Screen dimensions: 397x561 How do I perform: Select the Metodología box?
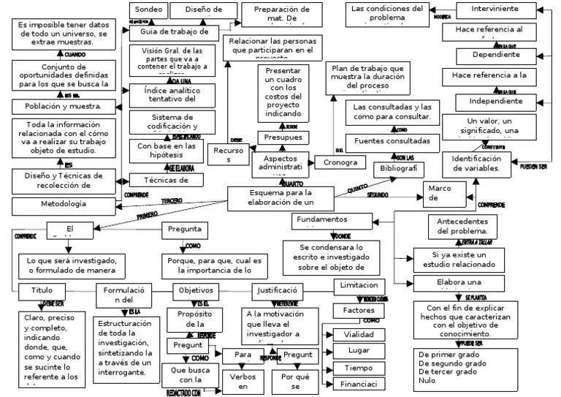pyautogui.click(x=64, y=203)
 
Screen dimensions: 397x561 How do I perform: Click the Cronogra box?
pyautogui.click(x=340, y=162)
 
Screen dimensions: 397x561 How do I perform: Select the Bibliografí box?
pyautogui.click(x=398, y=168)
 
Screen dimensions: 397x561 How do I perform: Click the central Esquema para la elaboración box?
pyautogui.click(x=280, y=197)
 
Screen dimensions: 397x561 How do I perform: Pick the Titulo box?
pyautogui.click(x=42, y=290)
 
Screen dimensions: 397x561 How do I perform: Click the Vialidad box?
pyautogui.click(x=359, y=334)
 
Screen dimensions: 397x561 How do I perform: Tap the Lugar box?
pyautogui.click(x=359, y=351)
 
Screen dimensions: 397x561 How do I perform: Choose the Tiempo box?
pyautogui.click(x=359, y=368)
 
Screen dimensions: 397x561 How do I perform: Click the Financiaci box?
pyautogui.click(x=359, y=384)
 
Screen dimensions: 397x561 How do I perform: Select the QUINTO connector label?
pyautogui.click(x=356, y=189)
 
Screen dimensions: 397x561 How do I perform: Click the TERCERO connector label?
pyautogui.click(x=172, y=200)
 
